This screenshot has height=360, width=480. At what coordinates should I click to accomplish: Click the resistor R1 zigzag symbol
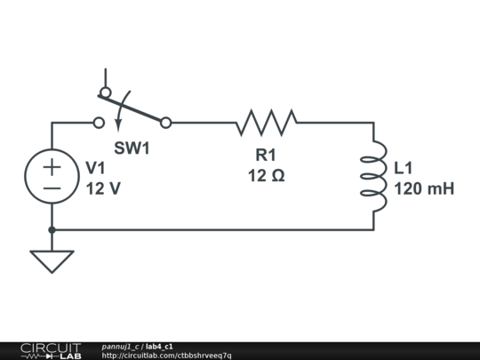point(266,123)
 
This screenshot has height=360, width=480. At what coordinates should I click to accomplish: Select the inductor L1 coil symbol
point(373,176)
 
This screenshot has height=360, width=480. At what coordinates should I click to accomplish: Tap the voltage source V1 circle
point(52,176)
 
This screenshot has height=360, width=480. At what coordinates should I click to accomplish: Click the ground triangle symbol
point(52,260)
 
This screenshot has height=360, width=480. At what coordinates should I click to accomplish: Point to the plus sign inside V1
point(52,166)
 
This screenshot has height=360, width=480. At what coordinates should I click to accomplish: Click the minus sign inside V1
point(52,188)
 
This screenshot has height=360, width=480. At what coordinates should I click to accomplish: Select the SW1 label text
point(132,148)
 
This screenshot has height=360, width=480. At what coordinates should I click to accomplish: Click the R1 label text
point(266,156)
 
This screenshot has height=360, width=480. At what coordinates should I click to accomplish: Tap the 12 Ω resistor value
point(266,176)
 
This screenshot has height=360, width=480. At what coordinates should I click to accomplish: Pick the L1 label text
point(403,168)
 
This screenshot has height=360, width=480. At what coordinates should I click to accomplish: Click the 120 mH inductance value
point(424,188)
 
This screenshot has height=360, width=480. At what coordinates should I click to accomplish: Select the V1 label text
point(95,168)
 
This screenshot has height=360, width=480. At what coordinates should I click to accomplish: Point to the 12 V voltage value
point(102,188)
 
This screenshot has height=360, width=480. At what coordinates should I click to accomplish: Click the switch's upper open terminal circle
point(105,92)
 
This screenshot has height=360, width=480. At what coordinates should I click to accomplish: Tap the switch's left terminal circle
point(99,123)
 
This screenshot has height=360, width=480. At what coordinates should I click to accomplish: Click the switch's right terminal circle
point(165,123)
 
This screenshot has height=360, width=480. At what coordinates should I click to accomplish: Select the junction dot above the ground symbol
point(52,229)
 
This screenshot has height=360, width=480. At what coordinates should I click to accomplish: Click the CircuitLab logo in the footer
point(51,350)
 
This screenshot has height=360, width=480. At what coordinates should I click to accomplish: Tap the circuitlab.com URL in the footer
point(166,356)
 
